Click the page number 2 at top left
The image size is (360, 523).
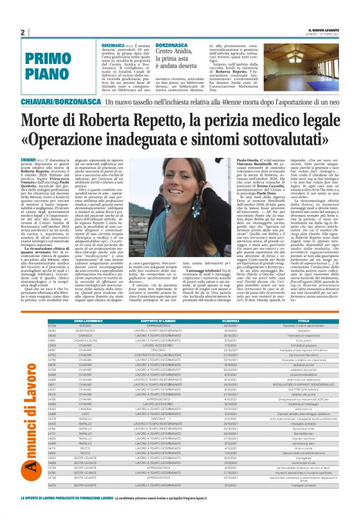pos(23,32)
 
